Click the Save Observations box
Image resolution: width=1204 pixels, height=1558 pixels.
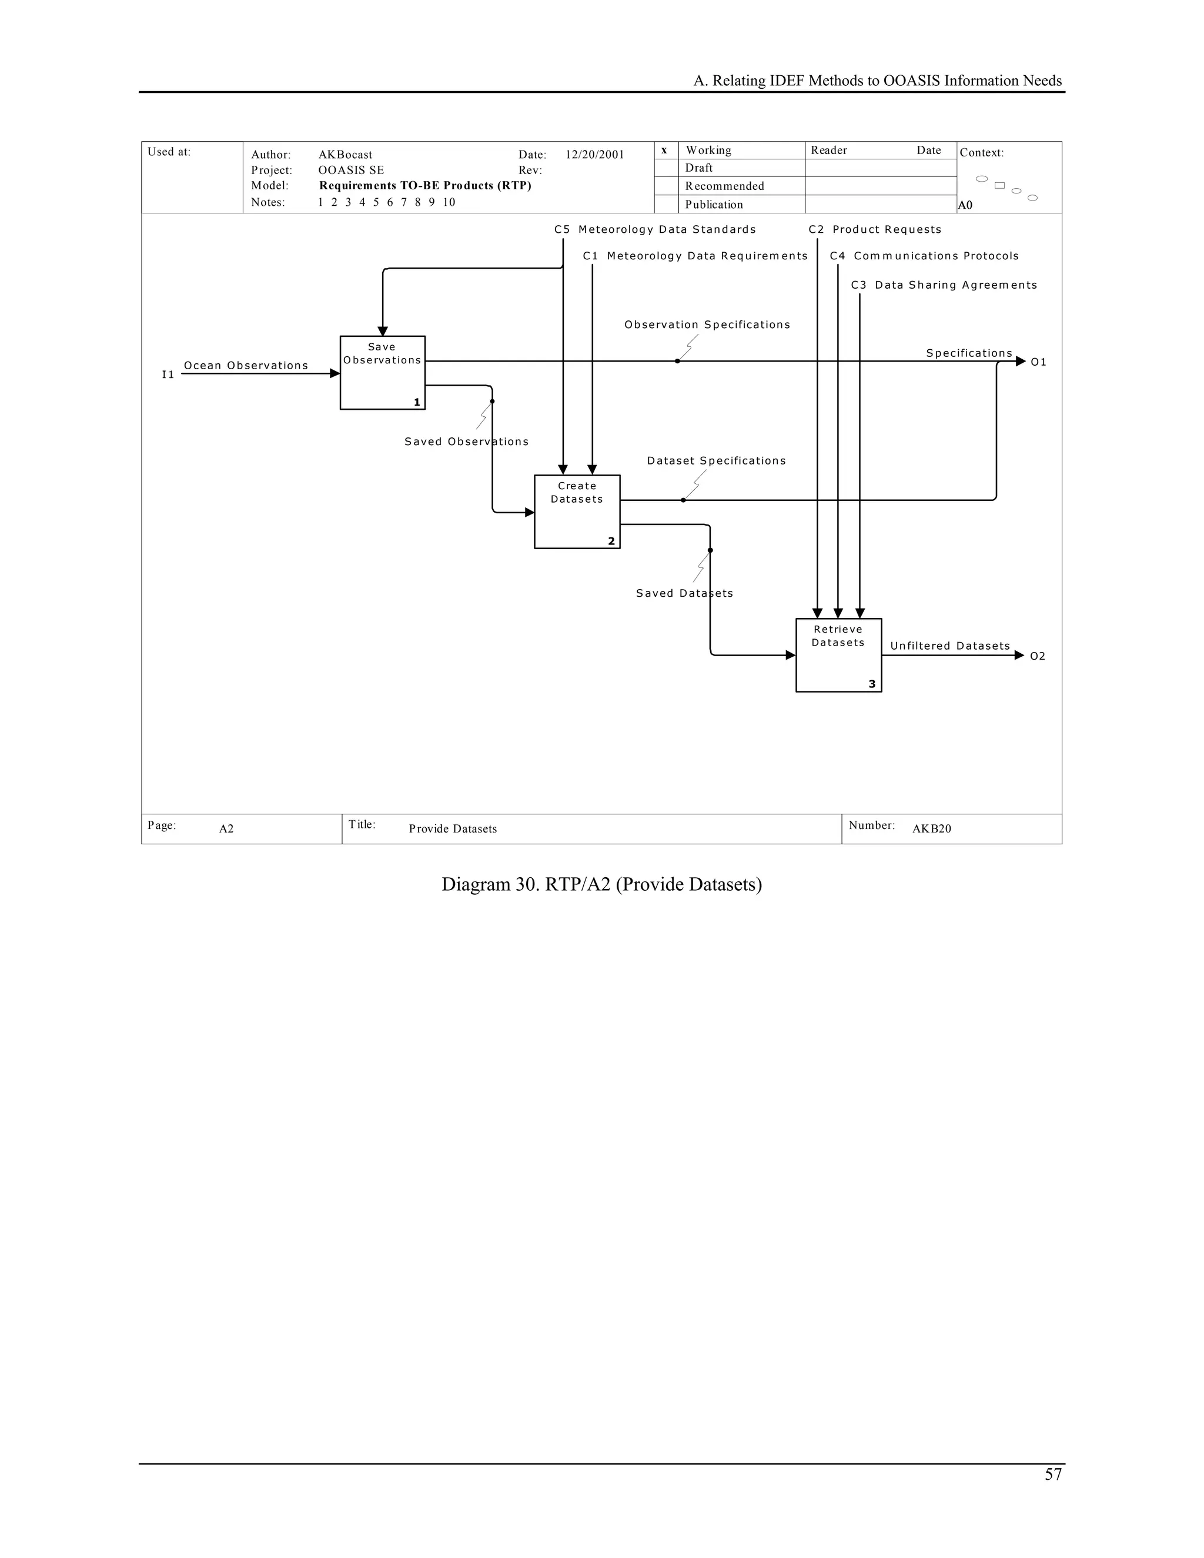coord(382,372)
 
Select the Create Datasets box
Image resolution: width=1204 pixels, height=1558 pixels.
coord(577,511)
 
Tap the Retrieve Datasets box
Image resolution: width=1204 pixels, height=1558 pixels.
coord(838,655)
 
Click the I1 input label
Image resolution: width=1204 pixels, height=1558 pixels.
coord(168,375)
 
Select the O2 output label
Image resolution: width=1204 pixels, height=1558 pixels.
coord(1038,656)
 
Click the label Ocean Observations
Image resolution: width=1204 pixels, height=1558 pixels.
coord(246,366)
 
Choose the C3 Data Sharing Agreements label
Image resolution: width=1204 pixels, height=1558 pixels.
coord(944,285)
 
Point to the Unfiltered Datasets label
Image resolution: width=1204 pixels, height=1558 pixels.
coord(949,646)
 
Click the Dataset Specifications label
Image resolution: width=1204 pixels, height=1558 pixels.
coord(716,461)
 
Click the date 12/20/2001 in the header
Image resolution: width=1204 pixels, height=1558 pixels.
coord(595,155)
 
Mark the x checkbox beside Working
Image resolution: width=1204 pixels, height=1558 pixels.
coord(665,151)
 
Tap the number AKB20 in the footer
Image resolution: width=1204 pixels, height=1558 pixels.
coord(932,829)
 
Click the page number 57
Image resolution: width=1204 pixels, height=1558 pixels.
coord(1053,1475)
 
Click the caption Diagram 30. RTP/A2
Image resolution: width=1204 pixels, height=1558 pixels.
coord(601,885)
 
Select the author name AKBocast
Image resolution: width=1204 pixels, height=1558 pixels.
coord(345,155)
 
